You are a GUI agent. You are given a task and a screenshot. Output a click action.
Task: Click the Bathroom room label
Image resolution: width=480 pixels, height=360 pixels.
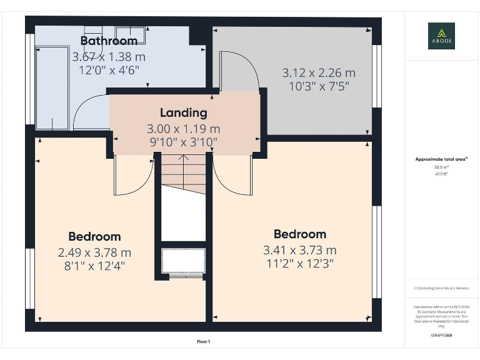[x=109, y=41]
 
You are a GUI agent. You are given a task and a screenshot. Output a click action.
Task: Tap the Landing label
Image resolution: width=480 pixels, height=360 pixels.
[x=183, y=113]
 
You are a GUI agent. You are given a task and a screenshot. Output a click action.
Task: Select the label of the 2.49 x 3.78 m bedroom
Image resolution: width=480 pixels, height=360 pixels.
[x=94, y=236]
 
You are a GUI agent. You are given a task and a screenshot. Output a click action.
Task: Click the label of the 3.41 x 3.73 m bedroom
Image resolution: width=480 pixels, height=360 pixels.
[x=300, y=234]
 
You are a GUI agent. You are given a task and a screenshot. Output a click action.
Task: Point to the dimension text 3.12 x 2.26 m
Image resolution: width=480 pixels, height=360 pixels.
[x=318, y=73]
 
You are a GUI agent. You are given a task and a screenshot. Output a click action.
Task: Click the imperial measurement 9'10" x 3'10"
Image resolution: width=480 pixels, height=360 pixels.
[x=182, y=142]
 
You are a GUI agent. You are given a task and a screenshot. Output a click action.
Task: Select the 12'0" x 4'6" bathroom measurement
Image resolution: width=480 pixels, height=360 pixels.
[x=109, y=69]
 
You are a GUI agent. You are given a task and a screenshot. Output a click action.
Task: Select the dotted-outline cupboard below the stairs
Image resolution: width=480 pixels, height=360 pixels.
[x=183, y=261]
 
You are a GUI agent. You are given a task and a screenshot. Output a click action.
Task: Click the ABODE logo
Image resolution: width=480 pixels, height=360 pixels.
[x=441, y=36]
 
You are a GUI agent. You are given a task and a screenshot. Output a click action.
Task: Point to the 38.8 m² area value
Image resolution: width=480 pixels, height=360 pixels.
[x=441, y=167]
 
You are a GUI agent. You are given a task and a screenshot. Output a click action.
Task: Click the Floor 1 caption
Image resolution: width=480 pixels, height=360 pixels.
[x=204, y=342]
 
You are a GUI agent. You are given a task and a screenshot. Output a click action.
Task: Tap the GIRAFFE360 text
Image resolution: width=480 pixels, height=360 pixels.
[x=441, y=336]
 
